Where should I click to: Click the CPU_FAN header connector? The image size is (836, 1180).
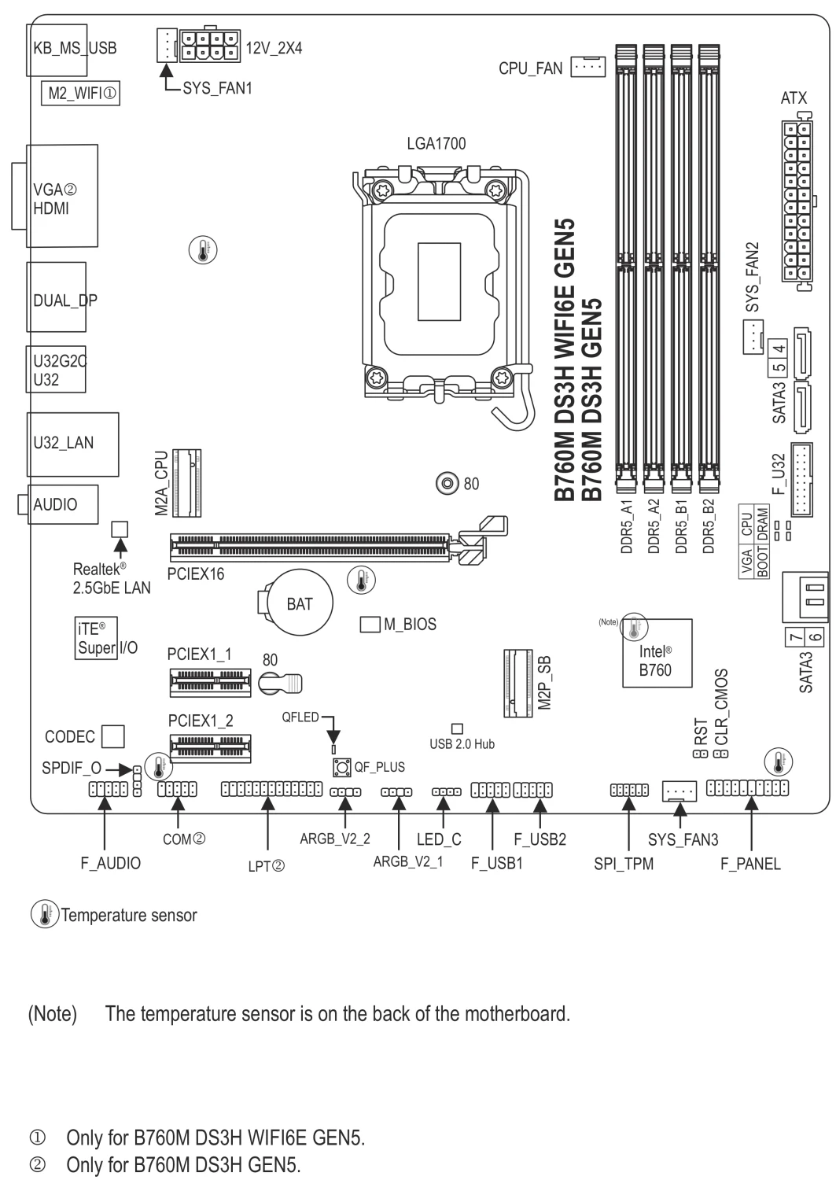click(x=588, y=66)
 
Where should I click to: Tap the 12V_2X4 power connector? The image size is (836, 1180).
click(x=210, y=46)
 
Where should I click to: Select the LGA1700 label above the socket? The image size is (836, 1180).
click(x=436, y=143)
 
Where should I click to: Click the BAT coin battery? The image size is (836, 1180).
click(x=299, y=603)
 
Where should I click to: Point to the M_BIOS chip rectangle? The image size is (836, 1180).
click(x=370, y=625)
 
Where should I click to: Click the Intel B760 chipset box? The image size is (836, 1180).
click(x=657, y=653)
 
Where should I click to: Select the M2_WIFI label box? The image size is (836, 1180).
click(x=80, y=94)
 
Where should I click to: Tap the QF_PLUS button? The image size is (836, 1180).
click(x=342, y=767)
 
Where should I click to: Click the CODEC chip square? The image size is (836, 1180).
click(x=112, y=736)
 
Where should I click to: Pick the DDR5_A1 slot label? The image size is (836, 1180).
click(x=626, y=526)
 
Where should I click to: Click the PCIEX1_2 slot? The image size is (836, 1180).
click(x=210, y=749)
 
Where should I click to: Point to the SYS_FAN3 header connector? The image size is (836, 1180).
click(x=679, y=791)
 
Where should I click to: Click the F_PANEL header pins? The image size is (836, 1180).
click(x=747, y=788)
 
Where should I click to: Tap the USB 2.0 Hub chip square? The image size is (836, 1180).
click(x=457, y=728)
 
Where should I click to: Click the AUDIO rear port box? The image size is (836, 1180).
click(x=63, y=504)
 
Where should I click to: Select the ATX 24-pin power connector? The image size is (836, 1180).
click(x=797, y=201)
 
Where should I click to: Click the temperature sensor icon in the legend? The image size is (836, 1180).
click(x=45, y=914)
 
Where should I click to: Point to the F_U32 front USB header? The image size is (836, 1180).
click(x=801, y=480)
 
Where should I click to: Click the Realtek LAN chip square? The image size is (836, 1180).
click(x=120, y=529)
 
